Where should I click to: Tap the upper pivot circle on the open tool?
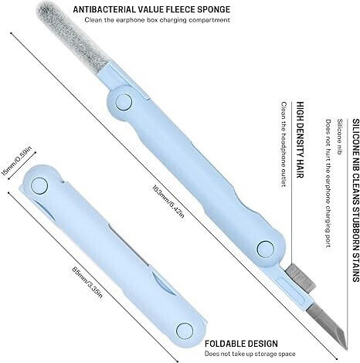124,102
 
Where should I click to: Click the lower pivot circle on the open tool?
266,249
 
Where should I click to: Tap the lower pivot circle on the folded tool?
185,331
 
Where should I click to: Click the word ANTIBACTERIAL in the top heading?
107,9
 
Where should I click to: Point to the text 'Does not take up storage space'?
250,354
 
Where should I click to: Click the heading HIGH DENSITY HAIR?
301,140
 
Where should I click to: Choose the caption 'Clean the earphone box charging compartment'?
158,20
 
